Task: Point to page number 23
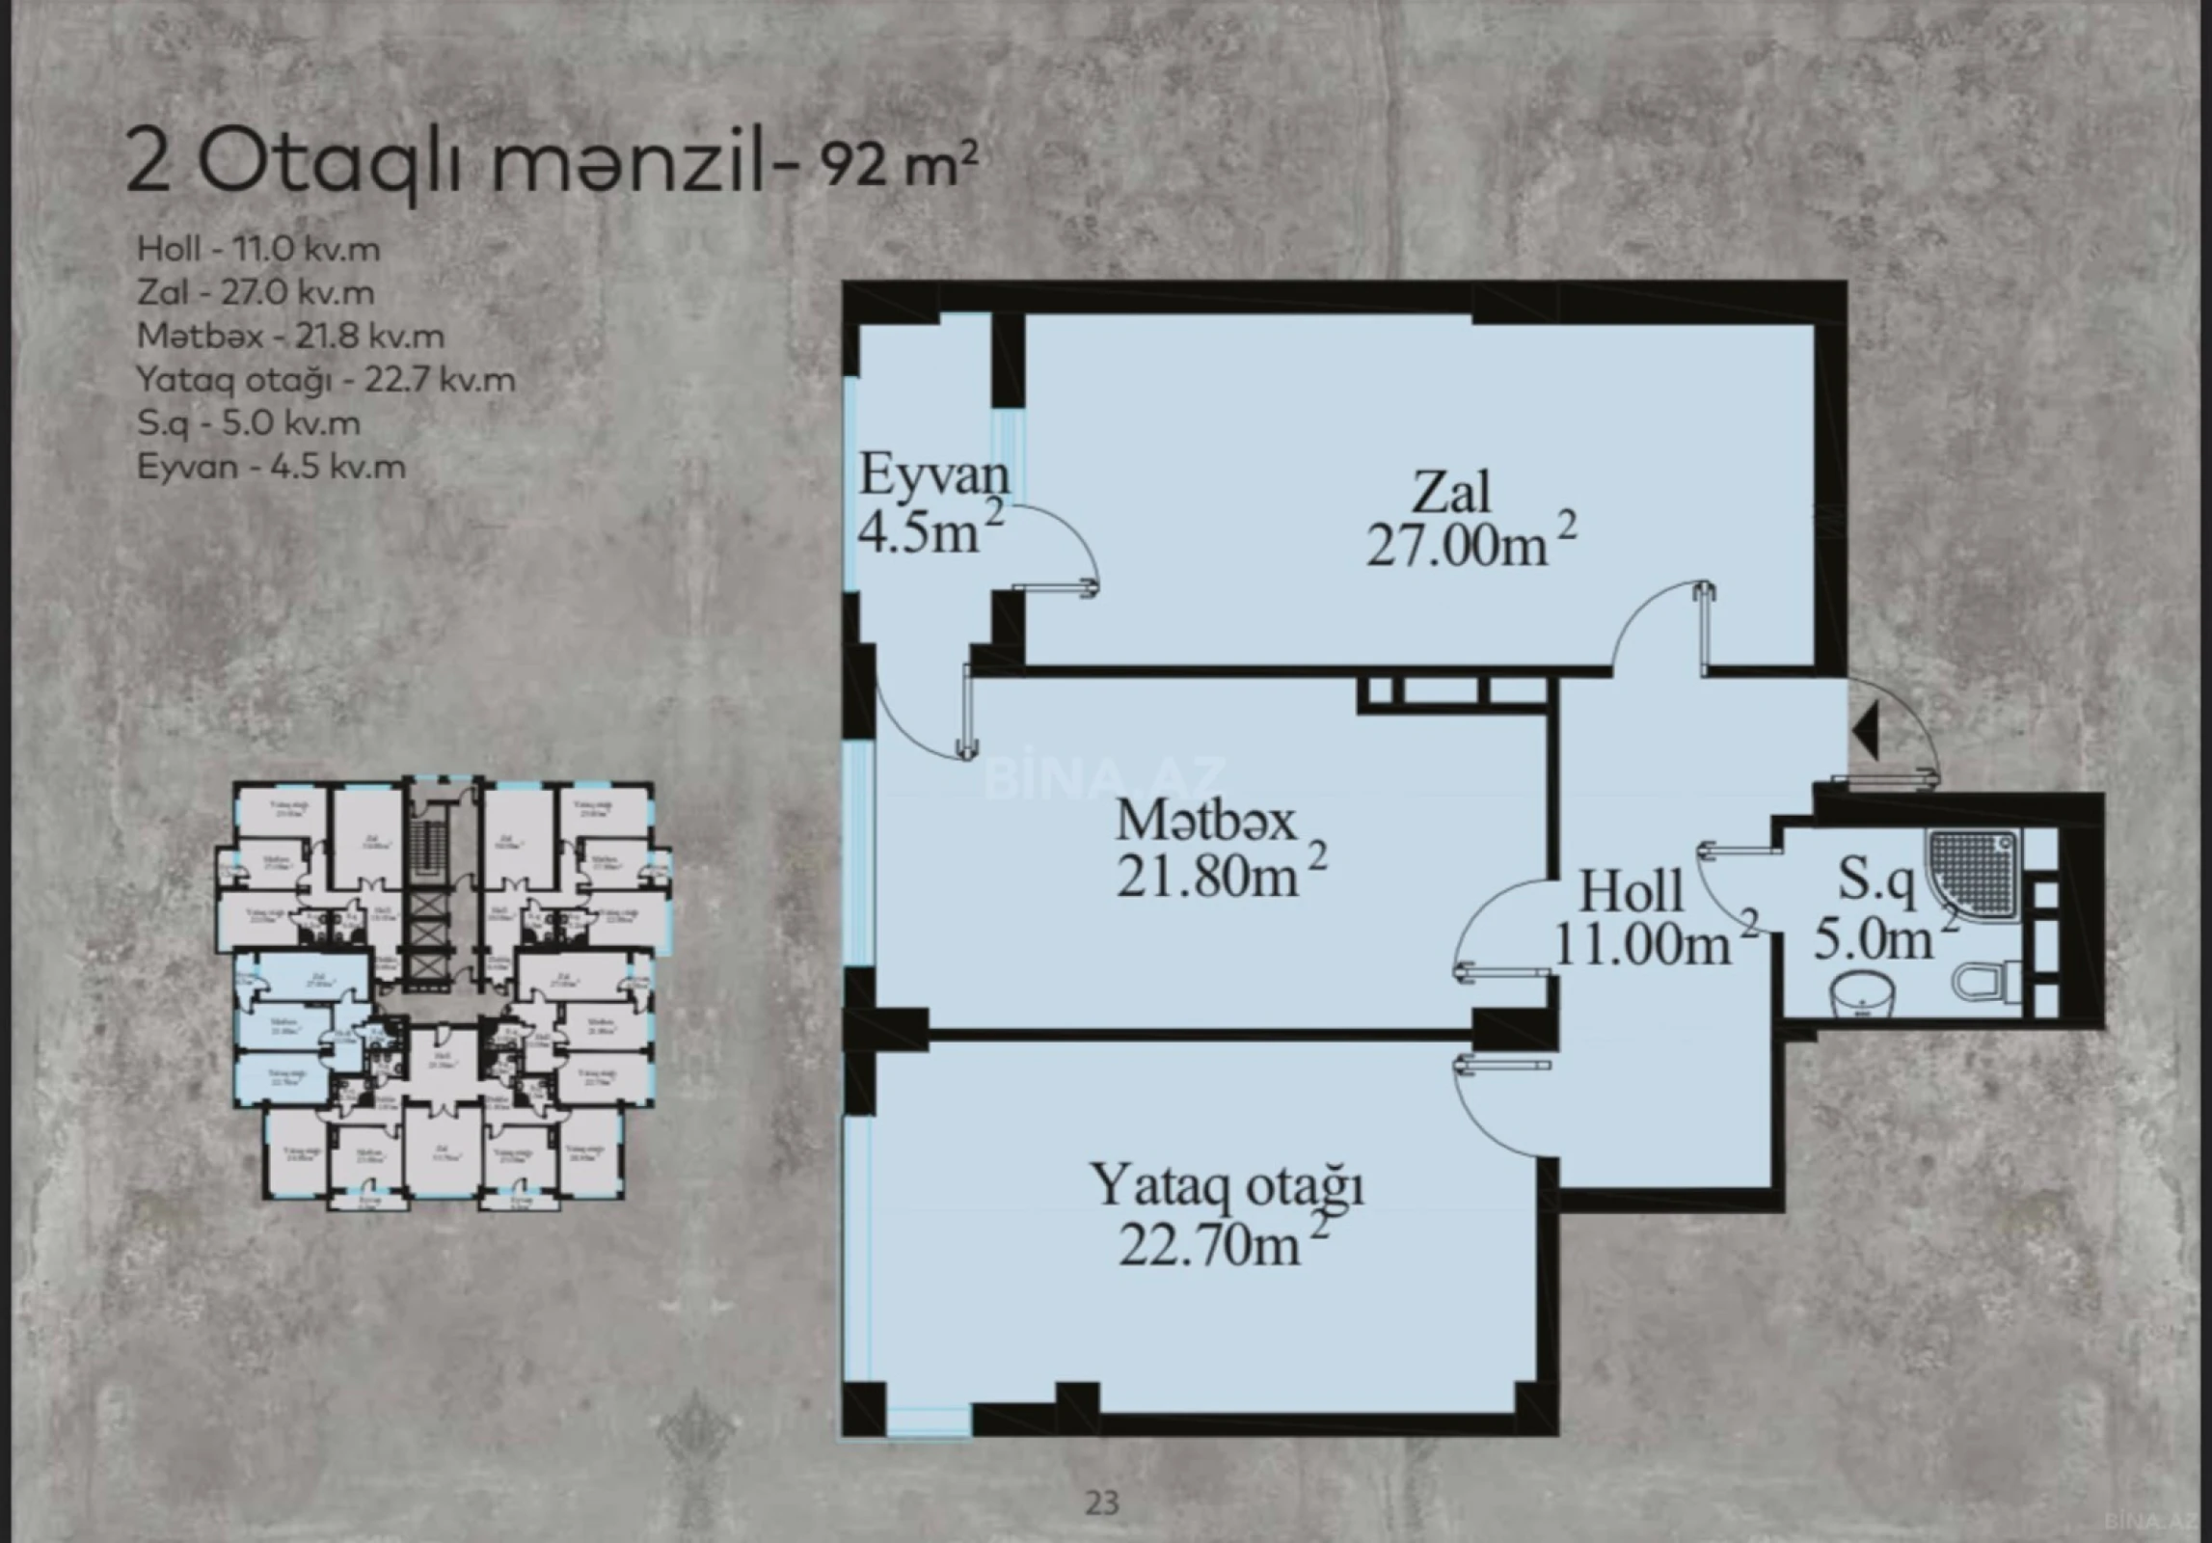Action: [1102, 1502]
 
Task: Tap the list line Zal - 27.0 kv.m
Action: [256, 292]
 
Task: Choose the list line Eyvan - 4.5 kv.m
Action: [271, 467]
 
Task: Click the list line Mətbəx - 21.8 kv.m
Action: [290, 336]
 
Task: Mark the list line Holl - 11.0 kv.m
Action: [258, 249]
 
